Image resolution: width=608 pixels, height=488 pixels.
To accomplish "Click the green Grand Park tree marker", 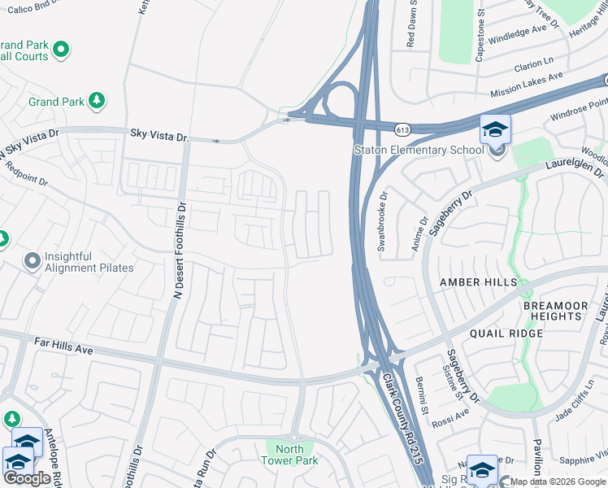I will (x=97, y=101).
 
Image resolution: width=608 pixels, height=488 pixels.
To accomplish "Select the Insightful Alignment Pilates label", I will (x=89, y=261).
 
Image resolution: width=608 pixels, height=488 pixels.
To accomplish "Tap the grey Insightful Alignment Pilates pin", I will (x=32, y=261).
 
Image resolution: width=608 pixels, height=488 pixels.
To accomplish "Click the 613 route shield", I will (x=403, y=129).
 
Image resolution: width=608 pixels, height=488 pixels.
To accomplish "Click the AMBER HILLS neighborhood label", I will (x=478, y=282).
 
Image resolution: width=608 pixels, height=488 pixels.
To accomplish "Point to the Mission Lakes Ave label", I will (x=527, y=85).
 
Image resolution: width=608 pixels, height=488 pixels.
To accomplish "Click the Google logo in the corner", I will (x=27, y=478).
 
